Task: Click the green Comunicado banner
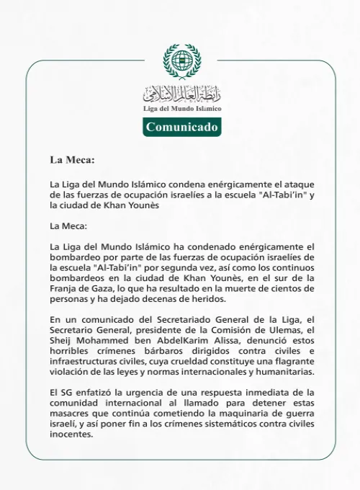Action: [181, 127]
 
